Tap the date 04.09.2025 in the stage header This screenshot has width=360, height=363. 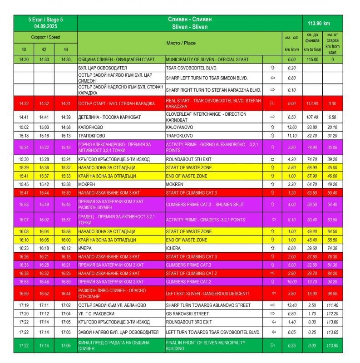pos(45,27)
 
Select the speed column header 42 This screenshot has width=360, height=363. pos(44,49)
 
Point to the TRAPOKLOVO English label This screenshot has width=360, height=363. pos(181,135)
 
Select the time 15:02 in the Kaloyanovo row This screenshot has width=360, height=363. pos(24,127)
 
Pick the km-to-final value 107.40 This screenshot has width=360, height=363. pos(312,117)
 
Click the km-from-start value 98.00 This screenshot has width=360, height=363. pos(332,293)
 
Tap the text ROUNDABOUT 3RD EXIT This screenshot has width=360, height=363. pos(189,322)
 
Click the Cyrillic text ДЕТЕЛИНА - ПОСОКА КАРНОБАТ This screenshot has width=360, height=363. pos(109,117)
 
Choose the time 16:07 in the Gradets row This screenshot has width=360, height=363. pos(24,220)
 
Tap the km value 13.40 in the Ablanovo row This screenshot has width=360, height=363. pos(292,305)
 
